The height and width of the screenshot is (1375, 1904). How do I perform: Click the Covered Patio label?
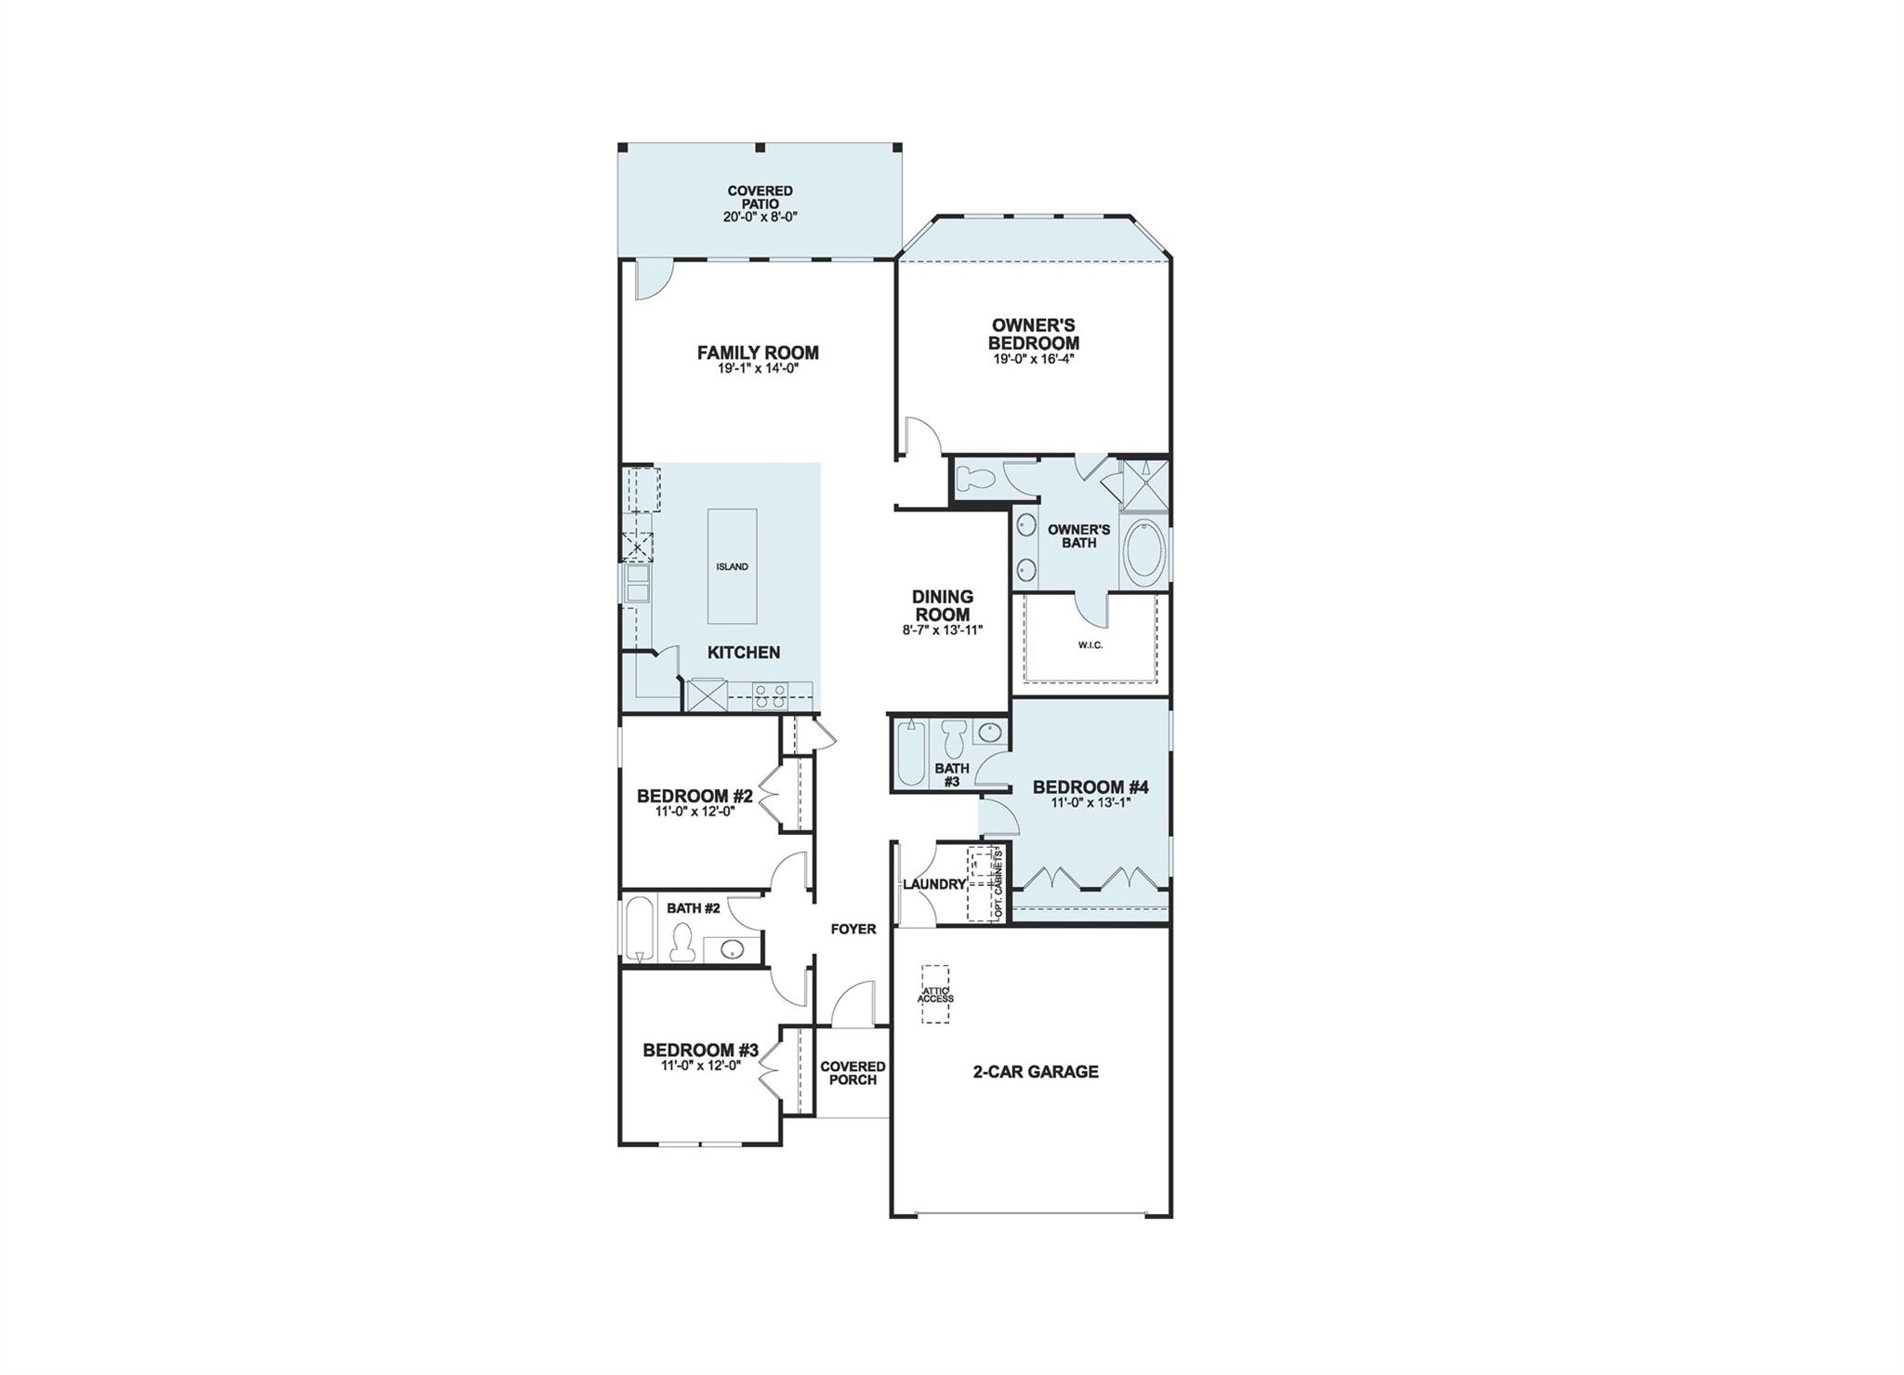[760, 197]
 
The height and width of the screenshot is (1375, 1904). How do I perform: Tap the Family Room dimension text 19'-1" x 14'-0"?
[758, 368]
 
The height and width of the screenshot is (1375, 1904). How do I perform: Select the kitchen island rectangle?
[732, 566]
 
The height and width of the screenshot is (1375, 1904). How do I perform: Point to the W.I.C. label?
[1091, 645]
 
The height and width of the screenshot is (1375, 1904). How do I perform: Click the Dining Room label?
[942, 605]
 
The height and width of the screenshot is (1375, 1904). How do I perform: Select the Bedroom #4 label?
[1091, 787]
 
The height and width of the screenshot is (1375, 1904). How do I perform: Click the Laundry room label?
[933, 884]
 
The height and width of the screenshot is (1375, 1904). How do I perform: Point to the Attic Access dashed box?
[935, 995]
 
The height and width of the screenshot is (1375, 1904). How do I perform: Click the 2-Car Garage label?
[1035, 1072]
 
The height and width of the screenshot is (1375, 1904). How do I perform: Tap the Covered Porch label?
[853, 1073]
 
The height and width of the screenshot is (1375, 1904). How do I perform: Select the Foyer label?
[853, 929]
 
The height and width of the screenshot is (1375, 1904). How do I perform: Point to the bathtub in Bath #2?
[638, 929]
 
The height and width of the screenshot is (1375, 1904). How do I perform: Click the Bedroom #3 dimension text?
[700, 1066]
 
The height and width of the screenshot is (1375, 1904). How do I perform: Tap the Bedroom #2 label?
[694, 796]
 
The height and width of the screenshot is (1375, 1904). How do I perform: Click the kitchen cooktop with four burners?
[770, 695]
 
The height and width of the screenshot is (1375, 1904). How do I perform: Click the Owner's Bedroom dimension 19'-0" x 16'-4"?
[1033, 359]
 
